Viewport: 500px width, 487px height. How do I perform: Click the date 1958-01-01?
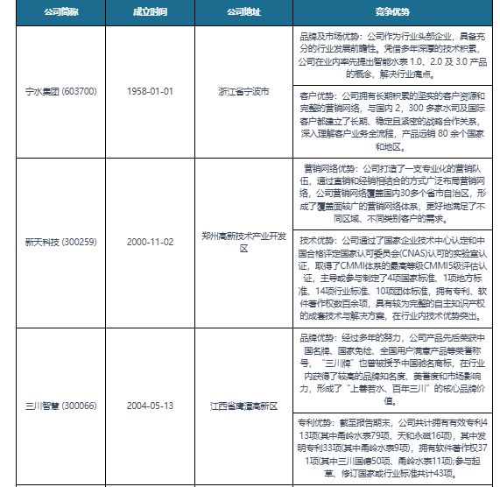(148, 91)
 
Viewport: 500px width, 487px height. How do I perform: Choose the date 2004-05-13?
(148, 406)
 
